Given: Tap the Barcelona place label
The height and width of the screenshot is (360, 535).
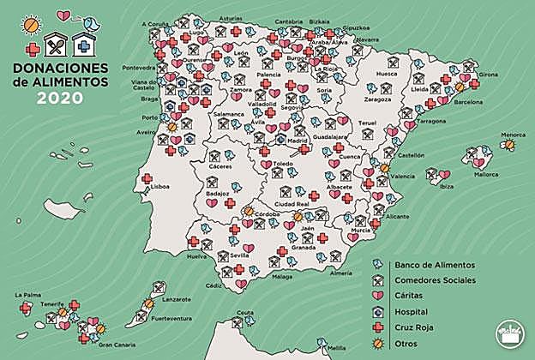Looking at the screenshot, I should (x=468, y=101).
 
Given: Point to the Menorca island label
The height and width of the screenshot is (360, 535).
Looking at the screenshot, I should (x=513, y=135).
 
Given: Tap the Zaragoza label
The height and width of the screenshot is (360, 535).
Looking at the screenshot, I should (x=377, y=99).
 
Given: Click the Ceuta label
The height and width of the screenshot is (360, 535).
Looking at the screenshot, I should (x=245, y=313).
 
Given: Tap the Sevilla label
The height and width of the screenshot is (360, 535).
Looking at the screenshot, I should (x=239, y=255).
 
